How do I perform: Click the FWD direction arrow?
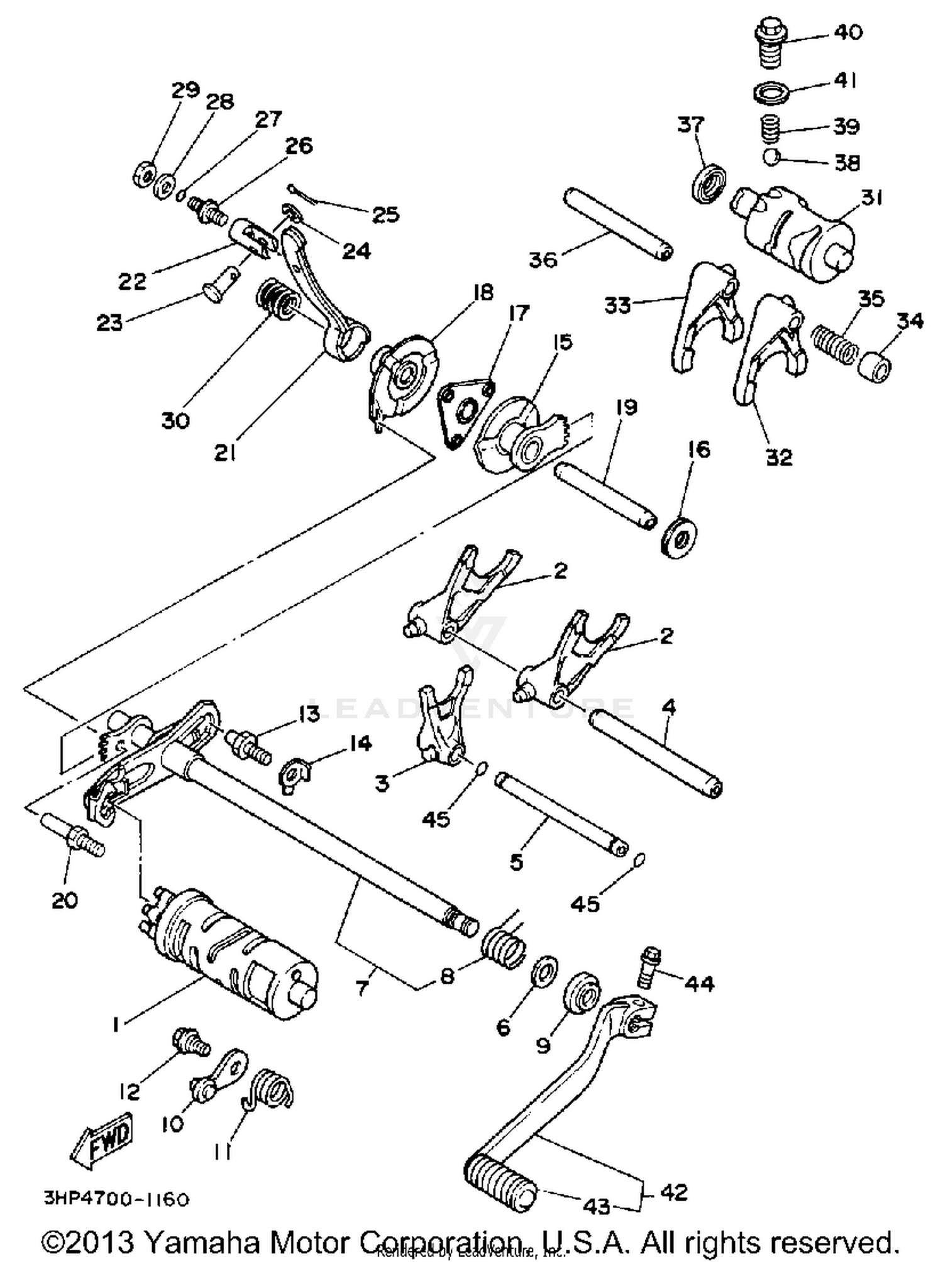click(x=102, y=1138)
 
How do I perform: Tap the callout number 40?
click(x=848, y=33)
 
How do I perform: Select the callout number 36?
click(x=543, y=259)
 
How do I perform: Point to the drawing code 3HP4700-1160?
click(x=116, y=1200)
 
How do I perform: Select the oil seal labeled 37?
click(x=710, y=182)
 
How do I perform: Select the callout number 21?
click(x=224, y=452)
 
